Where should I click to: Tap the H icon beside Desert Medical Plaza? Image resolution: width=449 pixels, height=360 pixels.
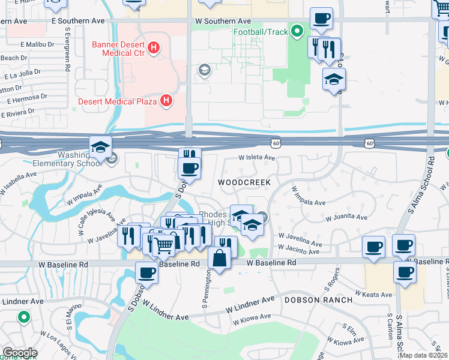pyautogui.click(x=167, y=101)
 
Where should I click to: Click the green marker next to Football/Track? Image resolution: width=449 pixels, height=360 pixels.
pyautogui.click(x=296, y=31)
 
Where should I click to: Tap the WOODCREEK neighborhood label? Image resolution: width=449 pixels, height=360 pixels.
pyautogui.click(x=244, y=182)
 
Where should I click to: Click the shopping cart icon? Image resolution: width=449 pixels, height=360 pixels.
pyautogui.click(x=164, y=244)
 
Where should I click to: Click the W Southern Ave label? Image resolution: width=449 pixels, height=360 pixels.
pyautogui.click(x=223, y=20)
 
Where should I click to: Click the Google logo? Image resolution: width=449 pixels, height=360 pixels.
pyautogui.click(x=19, y=353)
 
